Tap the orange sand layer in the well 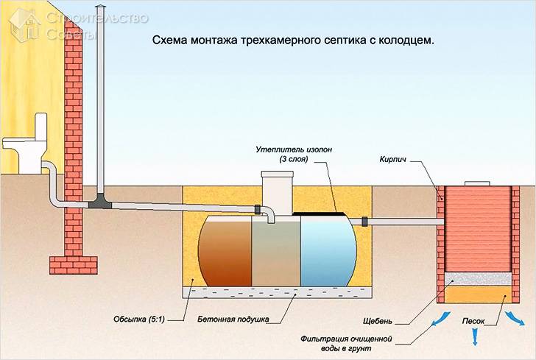click(475, 294)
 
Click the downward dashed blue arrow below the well click(476, 336)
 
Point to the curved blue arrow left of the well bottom click(440, 317)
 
